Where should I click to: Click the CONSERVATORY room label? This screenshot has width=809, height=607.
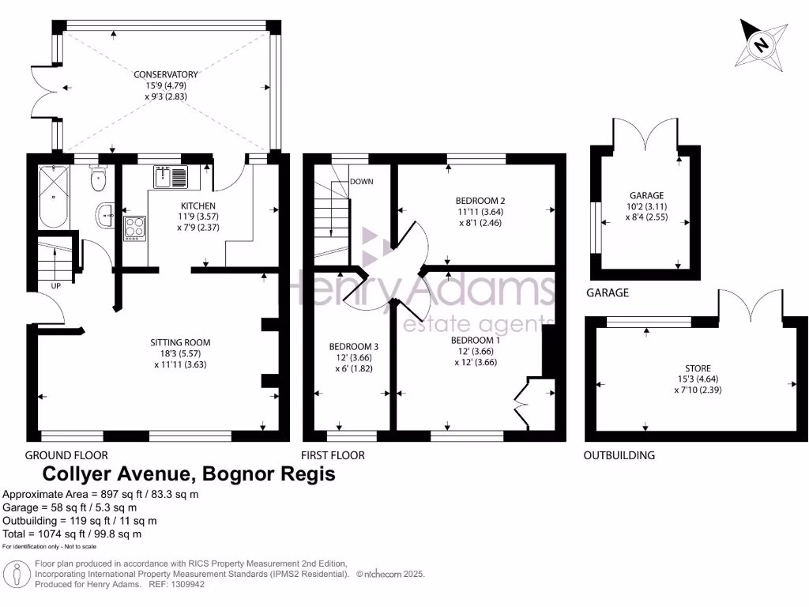(165, 74)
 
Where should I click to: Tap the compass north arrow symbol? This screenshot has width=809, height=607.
(762, 44)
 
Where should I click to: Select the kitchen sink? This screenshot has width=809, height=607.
(170, 178)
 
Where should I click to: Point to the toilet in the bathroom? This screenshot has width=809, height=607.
(99, 179)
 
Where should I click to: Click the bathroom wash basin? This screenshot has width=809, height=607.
(106, 213)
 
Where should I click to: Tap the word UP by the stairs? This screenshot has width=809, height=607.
(56, 285)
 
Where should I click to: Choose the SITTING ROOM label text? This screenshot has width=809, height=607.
(180, 342)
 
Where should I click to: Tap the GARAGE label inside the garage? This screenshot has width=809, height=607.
(646, 195)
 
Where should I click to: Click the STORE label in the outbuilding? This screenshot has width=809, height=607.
(698, 368)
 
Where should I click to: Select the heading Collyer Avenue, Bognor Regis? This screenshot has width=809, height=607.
(188, 474)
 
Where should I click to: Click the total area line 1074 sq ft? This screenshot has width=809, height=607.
(73, 533)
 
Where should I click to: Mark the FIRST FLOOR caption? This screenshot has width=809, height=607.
(333, 455)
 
